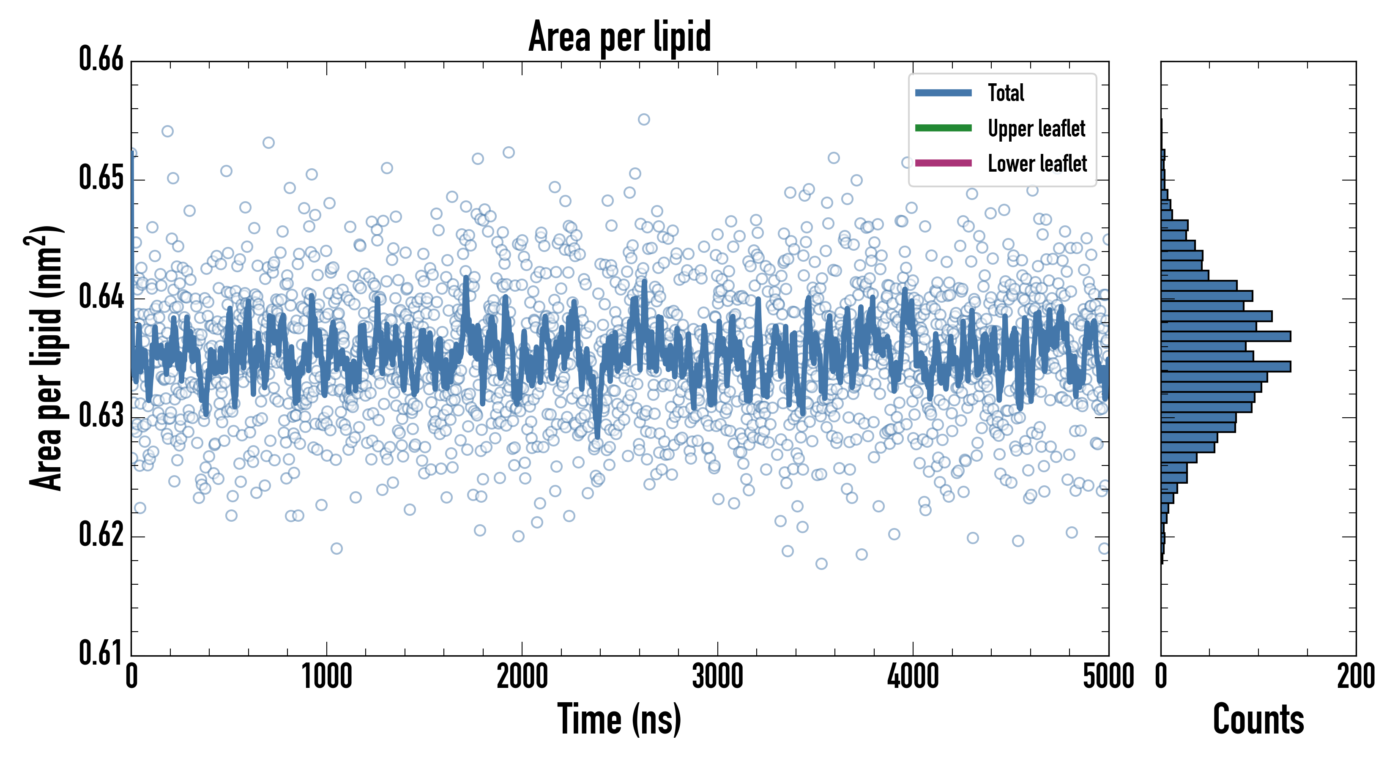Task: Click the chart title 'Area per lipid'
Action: (620, 37)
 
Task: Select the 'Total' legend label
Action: (1006, 93)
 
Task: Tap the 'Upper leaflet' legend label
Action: (1036, 129)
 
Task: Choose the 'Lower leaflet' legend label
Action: (1037, 164)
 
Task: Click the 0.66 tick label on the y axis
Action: (101, 59)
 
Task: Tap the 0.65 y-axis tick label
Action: (101, 178)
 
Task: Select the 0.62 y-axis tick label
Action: (101, 534)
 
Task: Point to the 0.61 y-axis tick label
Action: (101, 653)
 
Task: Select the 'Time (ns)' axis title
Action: (620, 719)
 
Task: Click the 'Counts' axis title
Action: (1258, 719)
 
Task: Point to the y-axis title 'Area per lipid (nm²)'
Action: (46, 358)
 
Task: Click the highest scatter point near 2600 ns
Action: (643, 119)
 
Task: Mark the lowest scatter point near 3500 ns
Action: (821, 564)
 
